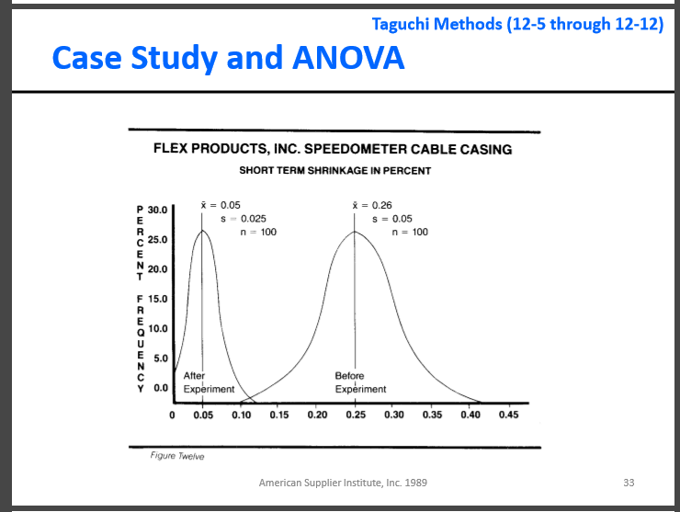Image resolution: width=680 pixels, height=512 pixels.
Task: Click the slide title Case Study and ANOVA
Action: (x=228, y=58)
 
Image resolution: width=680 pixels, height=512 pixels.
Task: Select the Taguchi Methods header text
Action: (x=517, y=23)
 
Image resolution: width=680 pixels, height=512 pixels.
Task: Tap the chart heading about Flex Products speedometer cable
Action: (x=333, y=149)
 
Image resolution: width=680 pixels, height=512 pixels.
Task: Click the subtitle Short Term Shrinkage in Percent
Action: (x=334, y=170)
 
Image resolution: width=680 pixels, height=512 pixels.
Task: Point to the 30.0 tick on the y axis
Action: (x=157, y=210)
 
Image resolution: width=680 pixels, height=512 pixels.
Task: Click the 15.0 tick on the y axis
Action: (x=157, y=299)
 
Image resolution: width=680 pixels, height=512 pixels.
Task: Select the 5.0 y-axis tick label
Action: (x=160, y=358)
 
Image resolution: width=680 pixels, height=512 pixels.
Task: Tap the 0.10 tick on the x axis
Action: (x=242, y=415)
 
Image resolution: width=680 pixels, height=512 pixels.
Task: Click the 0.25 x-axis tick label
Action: (x=355, y=415)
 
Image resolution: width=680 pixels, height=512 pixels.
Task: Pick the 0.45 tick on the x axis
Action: (x=507, y=415)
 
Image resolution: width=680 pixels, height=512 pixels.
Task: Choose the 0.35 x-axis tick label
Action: (x=431, y=415)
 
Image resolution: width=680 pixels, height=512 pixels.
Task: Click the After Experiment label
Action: (x=209, y=382)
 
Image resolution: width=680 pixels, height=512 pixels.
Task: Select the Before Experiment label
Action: (x=360, y=382)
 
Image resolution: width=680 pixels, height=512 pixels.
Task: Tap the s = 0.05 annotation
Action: (x=391, y=218)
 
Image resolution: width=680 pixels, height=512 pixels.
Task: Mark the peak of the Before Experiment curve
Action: (x=355, y=232)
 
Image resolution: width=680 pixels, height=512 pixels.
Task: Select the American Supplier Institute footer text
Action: (x=343, y=482)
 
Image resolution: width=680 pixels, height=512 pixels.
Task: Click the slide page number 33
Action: (x=629, y=482)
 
